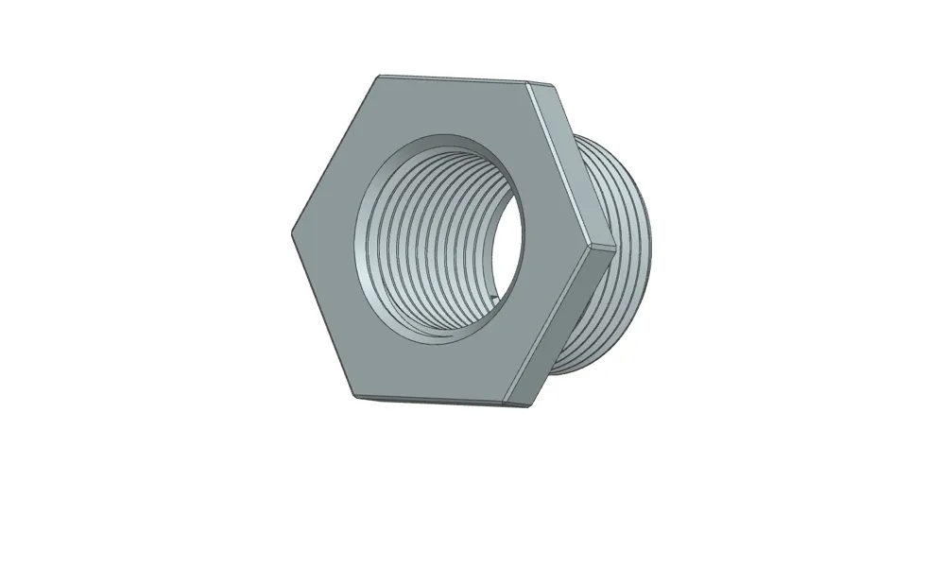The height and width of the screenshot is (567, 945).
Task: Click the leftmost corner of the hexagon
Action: coord(289,230)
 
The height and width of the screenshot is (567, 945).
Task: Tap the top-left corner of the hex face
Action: coord(379,77)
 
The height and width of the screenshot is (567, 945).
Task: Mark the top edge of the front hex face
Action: coord(454,80)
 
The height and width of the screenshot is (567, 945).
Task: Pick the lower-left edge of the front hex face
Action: coord(322,312)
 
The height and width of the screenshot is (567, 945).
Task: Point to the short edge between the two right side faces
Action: coord(603,249)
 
